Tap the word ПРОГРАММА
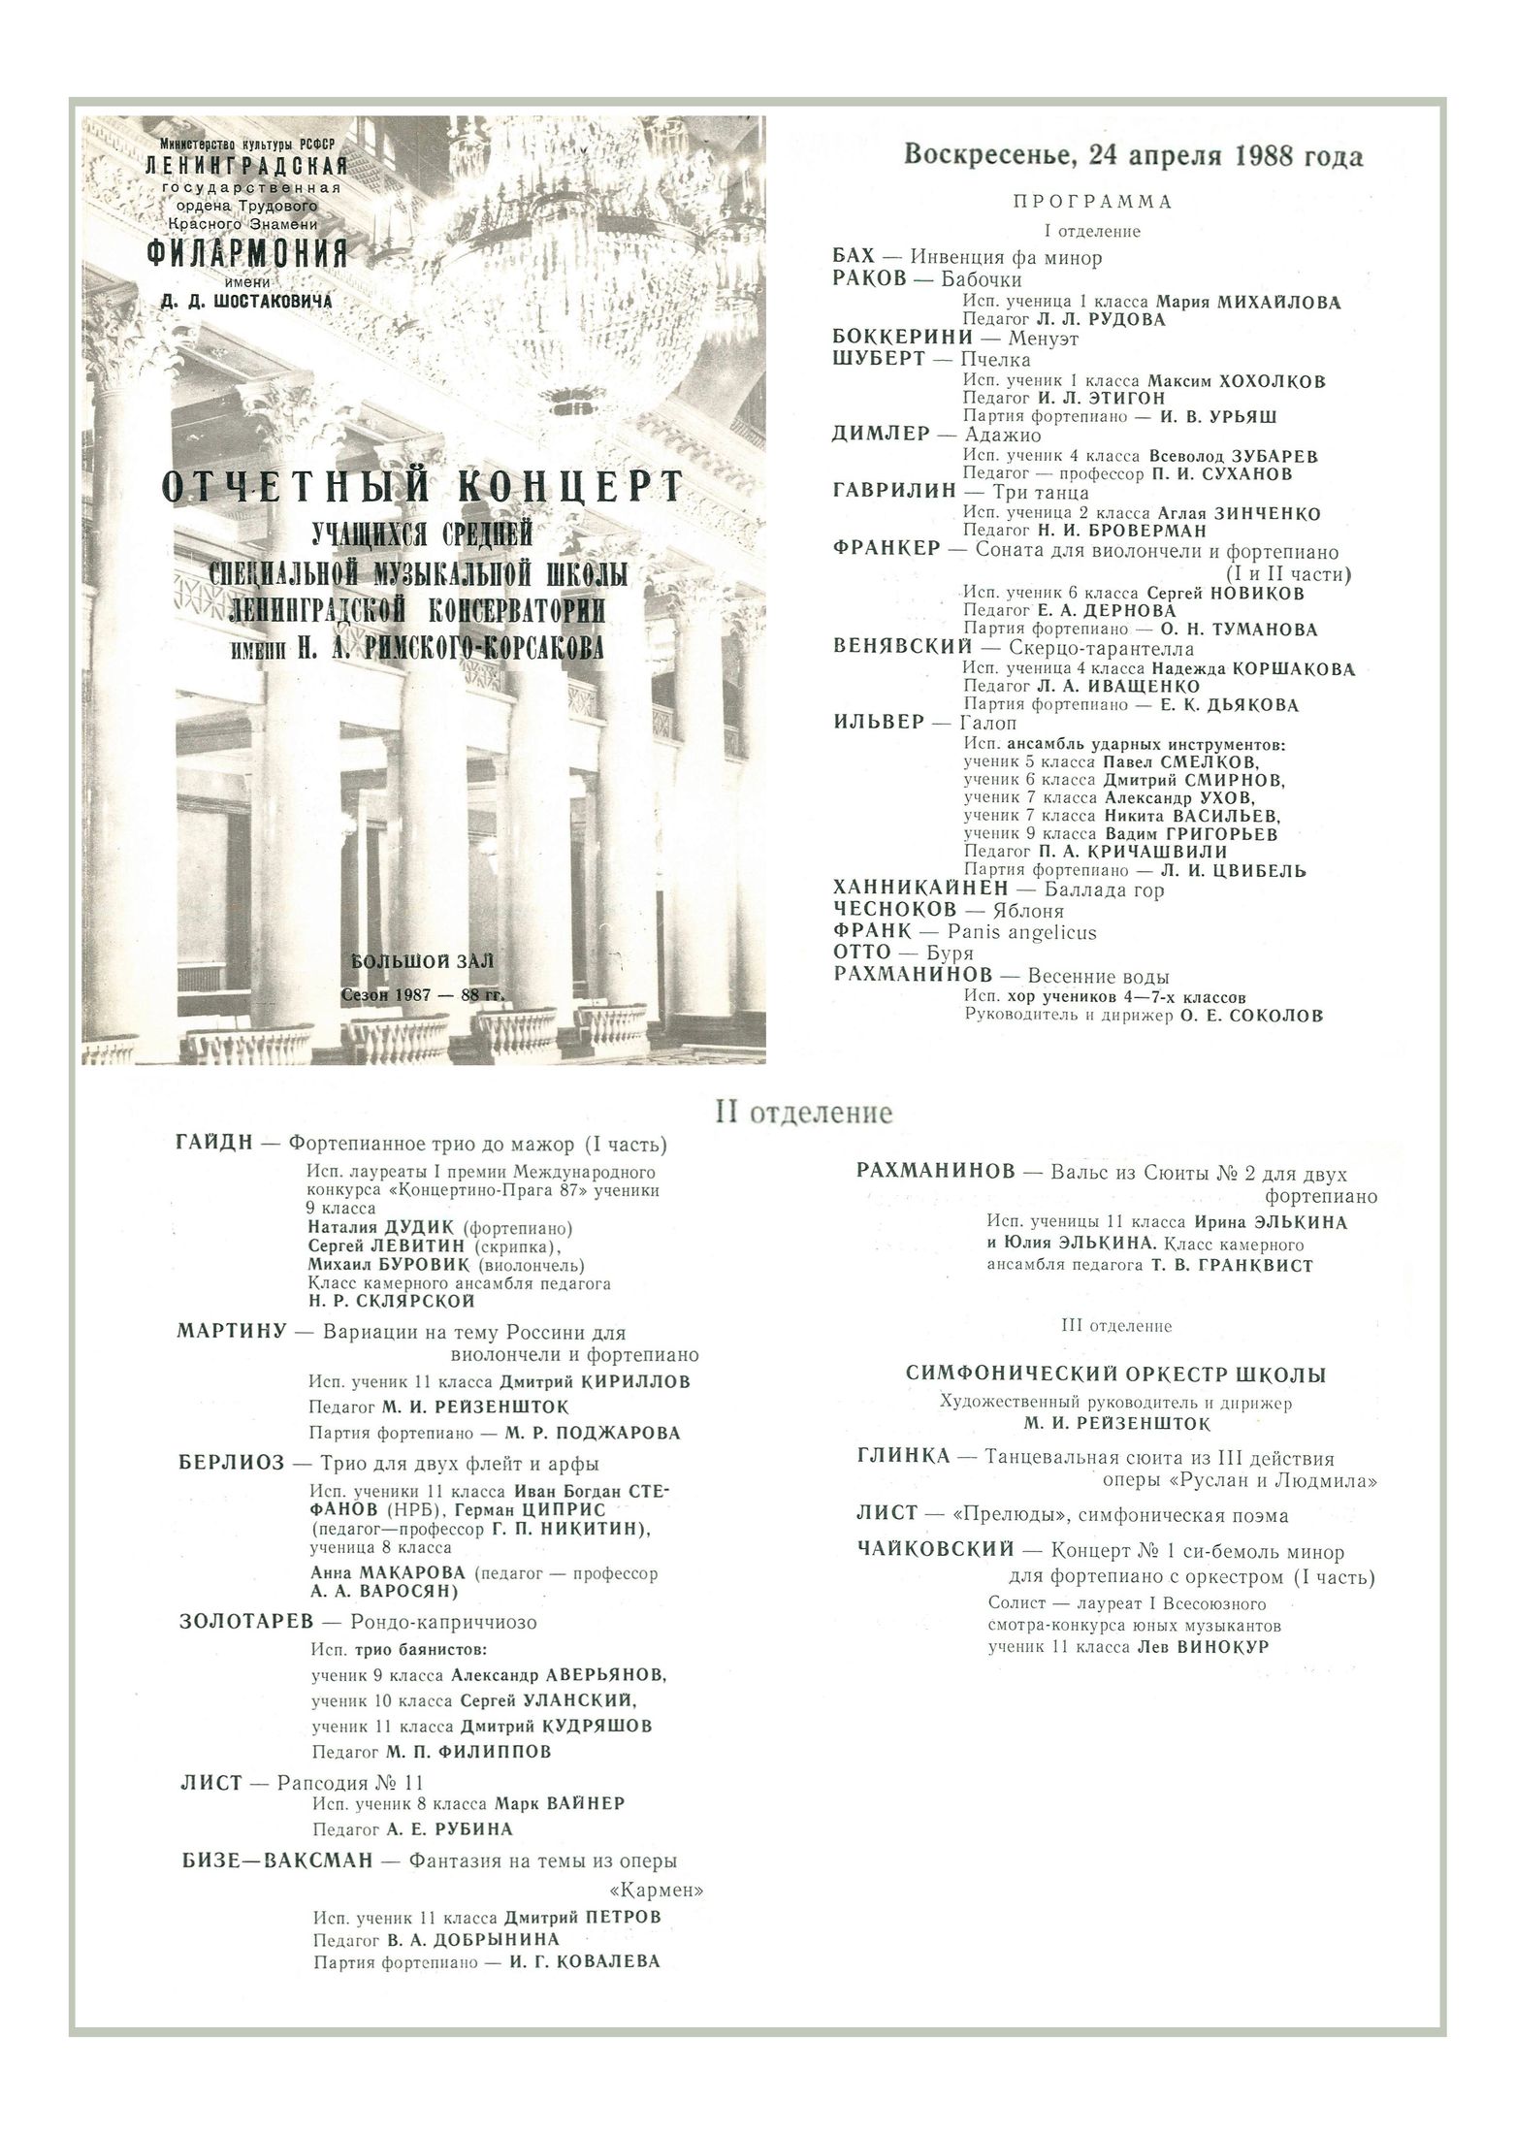coord(1092,203)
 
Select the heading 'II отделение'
coord(803,1112)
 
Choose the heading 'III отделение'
coord(1117,1326)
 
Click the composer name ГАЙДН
coord(214,1144)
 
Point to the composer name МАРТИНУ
coord(232,1332)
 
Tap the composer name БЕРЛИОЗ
coord(229,1464)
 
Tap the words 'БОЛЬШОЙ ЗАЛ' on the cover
coord(423,961)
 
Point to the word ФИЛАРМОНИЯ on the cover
coord(246,254)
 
